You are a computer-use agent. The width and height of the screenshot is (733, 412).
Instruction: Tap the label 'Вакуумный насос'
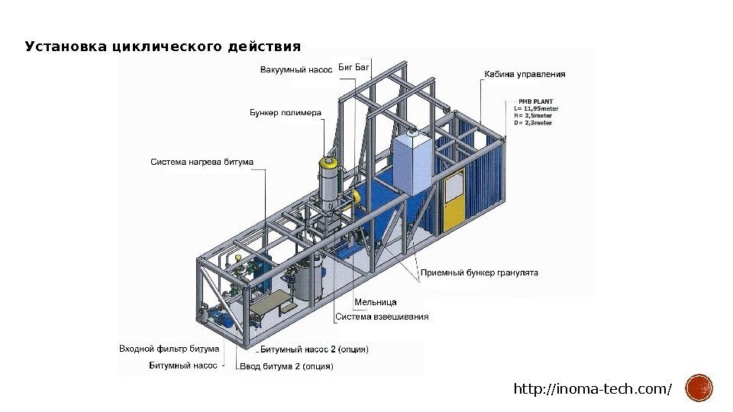point(296,71)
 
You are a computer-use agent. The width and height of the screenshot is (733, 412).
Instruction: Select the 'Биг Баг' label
point(353,68)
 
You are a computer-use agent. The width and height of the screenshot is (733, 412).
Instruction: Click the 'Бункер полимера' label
point(286,113)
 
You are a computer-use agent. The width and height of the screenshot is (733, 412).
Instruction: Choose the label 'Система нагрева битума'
point(202,161)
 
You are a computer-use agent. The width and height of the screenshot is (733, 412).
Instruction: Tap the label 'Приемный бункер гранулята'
point(480,272)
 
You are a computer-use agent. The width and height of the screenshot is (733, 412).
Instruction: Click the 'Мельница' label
point(356,303)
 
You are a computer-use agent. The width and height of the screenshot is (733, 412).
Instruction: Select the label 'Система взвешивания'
point(382,316)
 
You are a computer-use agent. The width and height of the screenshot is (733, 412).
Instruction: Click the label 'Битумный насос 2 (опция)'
point(314,349)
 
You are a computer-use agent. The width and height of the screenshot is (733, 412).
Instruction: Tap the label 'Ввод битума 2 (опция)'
point(286,366)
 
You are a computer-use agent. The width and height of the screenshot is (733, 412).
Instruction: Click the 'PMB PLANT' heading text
point(536,101)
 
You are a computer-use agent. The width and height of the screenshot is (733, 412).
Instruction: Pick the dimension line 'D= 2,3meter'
point(533,122)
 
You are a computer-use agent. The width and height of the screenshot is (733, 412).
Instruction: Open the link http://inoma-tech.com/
point(593,390)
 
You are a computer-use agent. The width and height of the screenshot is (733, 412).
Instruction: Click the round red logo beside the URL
point(699,388)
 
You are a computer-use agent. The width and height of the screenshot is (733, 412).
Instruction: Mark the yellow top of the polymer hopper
point(328,162)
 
